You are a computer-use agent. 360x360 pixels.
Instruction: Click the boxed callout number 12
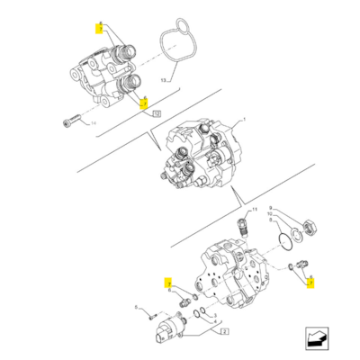[157, 114]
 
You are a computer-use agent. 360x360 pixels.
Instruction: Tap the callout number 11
[270, 220]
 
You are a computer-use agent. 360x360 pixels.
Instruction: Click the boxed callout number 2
[223, 332]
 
